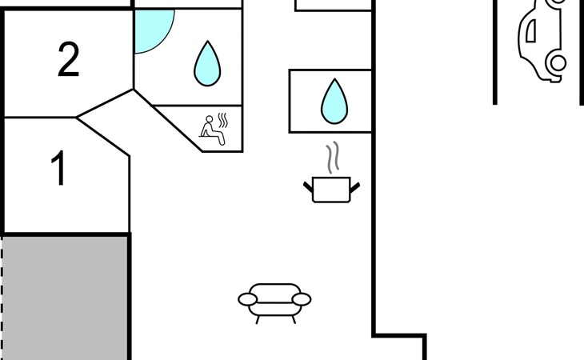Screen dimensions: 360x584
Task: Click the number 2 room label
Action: [69, 61]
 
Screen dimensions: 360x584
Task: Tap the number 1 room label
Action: [58, 170]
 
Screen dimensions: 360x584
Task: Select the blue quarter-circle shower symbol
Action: [150, 29]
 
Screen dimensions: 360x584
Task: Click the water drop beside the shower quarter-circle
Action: [207, 63]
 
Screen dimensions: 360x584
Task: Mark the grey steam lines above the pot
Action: [331, 158]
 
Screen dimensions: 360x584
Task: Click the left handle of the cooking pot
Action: [309, 188]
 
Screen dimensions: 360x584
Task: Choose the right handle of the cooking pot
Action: [354, 188]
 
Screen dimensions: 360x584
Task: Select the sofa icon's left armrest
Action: [249, 300]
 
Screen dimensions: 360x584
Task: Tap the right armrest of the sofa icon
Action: [301, 300]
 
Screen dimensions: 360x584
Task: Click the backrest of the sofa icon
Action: [274, 290]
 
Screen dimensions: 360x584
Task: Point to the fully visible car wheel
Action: [557, 62]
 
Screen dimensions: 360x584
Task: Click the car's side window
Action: [530, 30]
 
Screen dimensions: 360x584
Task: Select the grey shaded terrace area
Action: [66, 296]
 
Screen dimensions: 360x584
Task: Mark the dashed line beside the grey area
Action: [2, 296]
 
